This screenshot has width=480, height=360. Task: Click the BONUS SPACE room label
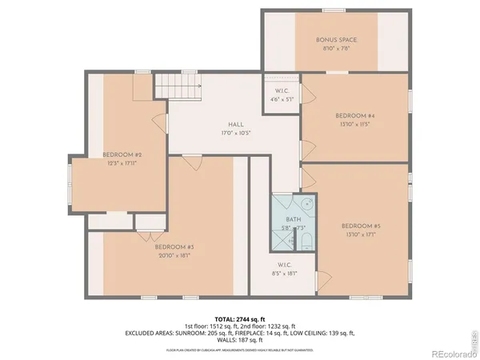(336, 39)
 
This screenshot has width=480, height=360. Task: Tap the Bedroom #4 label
(355, 116)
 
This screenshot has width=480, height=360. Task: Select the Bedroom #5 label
(359, 226)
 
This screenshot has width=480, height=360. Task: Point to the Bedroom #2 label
(122, 154)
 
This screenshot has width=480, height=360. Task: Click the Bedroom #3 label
(174, 247)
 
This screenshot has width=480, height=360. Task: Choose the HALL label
(235, 125)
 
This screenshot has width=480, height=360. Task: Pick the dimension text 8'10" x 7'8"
(336, 48)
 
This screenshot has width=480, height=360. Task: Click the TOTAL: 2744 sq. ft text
(240, 318)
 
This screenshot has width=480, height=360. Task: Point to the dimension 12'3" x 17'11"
(122, 163)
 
